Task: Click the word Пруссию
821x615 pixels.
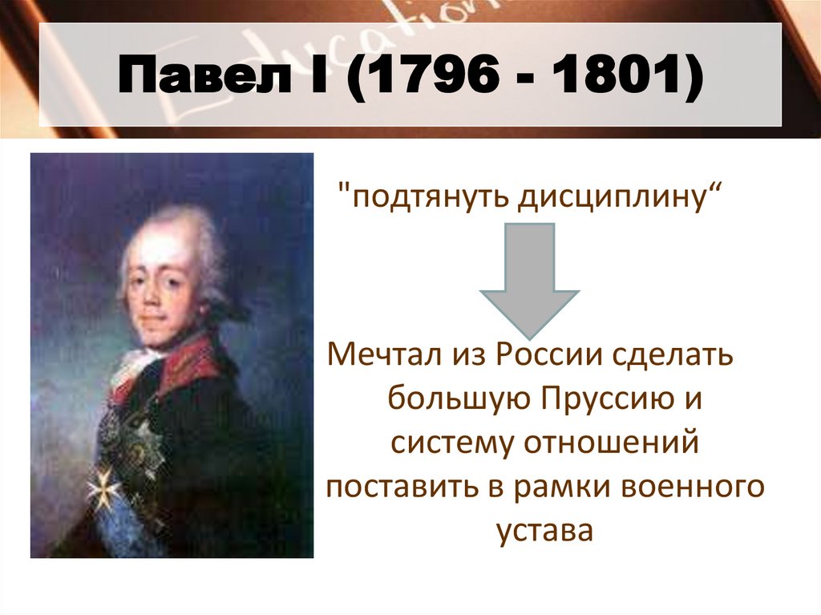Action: click(x=600, y=399)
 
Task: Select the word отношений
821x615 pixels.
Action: click(x=614, y=443)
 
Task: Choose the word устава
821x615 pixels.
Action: click(x=544, y=531)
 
